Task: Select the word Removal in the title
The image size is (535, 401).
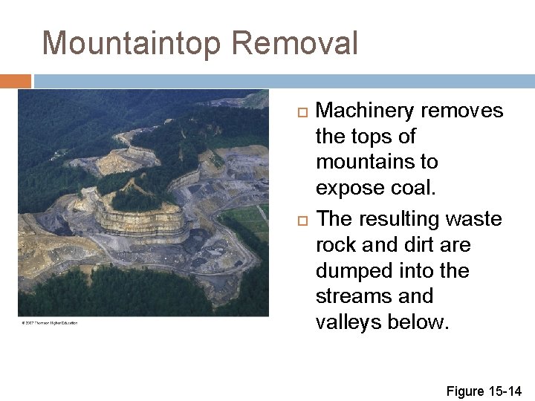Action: [x=294, y=44]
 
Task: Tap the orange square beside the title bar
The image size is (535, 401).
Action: [x=16, y=81]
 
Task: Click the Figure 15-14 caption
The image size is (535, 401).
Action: [x=484, y=391]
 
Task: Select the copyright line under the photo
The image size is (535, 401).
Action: [x=49, y=322]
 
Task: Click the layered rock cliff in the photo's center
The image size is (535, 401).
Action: [x=141, y=221]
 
